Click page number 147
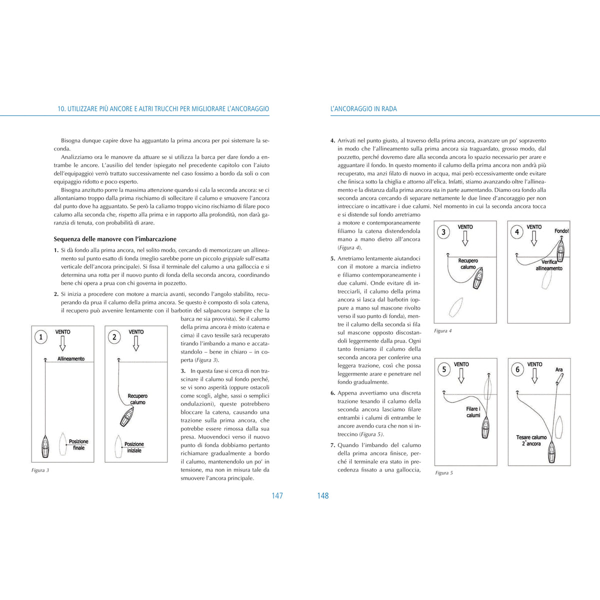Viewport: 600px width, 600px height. [277, 495]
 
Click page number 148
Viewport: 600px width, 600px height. [323, 495]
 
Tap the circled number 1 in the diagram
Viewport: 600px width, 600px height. [41, 337]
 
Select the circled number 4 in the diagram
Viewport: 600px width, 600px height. [517, 232]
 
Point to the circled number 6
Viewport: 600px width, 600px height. [517, 369]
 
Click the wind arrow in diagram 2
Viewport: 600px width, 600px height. [136, 343]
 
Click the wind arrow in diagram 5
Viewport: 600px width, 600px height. [461, 376]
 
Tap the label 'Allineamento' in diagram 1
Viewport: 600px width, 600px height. [71, 358]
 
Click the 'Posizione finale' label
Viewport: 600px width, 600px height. [78, 444]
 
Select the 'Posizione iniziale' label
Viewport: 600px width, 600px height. [134, 447]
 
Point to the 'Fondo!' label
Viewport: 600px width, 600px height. [561, 231]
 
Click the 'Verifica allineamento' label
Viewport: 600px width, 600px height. [549, 265]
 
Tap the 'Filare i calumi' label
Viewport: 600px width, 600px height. [473, 412]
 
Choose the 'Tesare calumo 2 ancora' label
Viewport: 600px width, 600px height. [531, 440]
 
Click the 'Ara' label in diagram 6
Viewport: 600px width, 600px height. [559, 369]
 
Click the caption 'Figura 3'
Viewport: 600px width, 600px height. [40, 470]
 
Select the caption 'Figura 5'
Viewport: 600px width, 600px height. [444, 472]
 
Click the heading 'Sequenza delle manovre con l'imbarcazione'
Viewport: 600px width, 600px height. [115, 239]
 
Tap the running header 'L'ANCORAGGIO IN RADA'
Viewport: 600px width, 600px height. [363, 108]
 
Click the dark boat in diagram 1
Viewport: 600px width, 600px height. [45, 446]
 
